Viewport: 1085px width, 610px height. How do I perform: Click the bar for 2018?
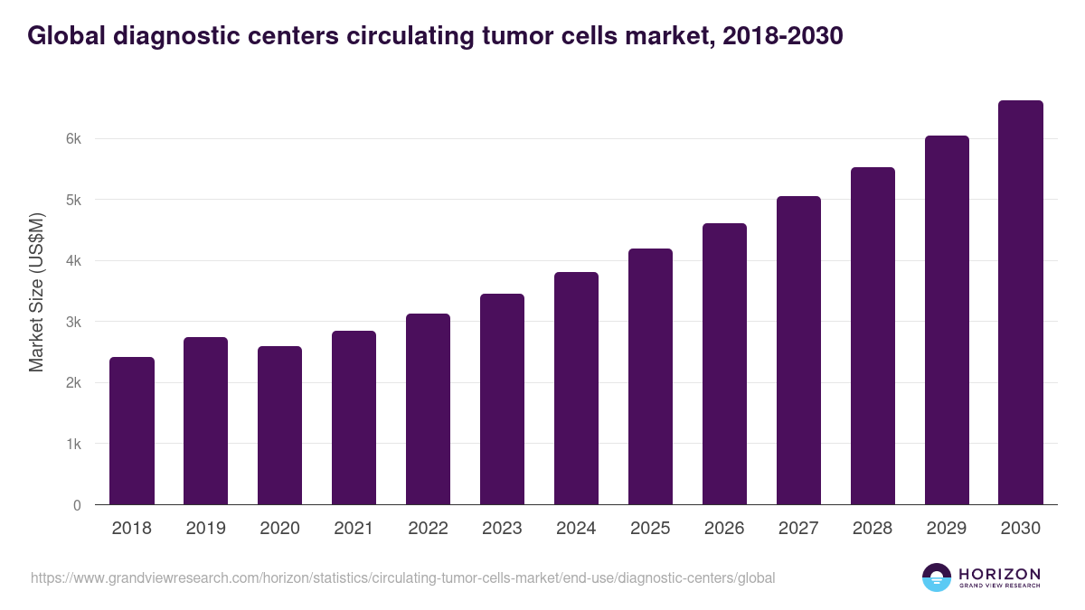[132, 431]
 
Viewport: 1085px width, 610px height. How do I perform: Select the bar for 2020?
[280, 426]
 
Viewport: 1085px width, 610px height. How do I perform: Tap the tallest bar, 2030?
[1021, 303]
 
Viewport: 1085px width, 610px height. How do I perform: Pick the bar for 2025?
[651, 377]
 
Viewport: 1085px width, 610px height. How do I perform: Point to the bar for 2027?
[798, 351]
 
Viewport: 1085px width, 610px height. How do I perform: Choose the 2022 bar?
[428, 409]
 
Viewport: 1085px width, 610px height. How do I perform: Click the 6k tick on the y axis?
[73, 139]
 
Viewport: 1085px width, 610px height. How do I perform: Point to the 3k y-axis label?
[73, 323]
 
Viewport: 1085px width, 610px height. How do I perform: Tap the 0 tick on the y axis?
[77, 505]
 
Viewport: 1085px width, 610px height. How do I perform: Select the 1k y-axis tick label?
[73, 445]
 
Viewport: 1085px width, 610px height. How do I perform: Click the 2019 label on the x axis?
[206, 529]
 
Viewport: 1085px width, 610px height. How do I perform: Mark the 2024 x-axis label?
[576, 529]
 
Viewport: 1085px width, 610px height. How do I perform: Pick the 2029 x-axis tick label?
[947, 529]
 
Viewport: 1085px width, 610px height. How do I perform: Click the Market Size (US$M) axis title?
[37, 292]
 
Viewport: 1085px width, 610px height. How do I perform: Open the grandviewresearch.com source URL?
[403, 577]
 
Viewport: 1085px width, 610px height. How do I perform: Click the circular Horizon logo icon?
[937, 577]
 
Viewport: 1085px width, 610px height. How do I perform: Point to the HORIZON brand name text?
[999, 574]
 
